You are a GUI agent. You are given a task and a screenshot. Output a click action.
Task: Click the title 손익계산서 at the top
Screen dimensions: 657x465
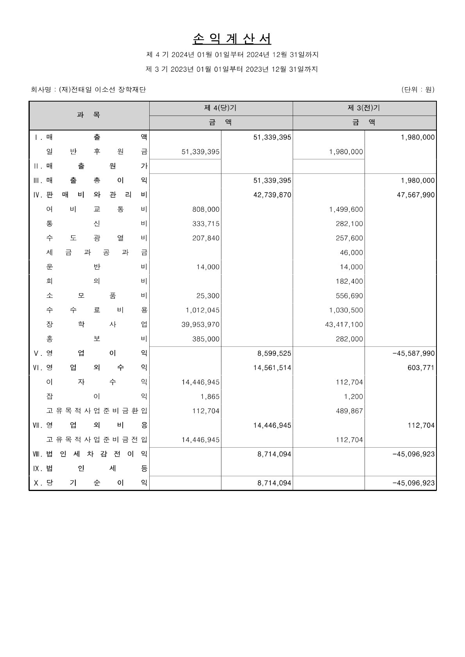point(232,39)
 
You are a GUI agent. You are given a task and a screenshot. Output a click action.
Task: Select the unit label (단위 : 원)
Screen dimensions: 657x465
point(417,89)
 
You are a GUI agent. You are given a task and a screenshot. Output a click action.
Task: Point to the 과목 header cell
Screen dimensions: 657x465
point(89,115)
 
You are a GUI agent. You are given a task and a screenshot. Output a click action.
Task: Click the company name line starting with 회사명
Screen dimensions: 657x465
point(88,90)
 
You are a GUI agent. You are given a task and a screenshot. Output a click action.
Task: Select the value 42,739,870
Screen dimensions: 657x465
point(272,195)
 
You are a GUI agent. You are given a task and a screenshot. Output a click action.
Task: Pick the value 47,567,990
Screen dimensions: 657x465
point(415,195)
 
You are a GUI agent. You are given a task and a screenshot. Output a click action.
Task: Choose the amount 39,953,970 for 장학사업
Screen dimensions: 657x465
point(200,325)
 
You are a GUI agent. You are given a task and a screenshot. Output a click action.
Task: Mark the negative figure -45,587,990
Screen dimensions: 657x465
point(413,353)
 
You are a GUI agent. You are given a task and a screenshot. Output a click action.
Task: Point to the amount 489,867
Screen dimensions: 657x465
point(349,411)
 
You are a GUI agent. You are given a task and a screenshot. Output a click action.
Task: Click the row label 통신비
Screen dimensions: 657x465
point(97,224)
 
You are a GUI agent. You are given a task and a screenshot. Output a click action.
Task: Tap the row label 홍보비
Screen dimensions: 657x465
point(97,339)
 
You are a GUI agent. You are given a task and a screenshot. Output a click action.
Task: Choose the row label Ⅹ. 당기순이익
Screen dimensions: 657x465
point(90,483)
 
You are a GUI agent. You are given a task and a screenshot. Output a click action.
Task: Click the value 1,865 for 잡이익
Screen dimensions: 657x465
point(211,396)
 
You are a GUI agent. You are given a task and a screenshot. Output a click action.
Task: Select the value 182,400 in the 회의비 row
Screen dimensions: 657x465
point(349,281)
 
